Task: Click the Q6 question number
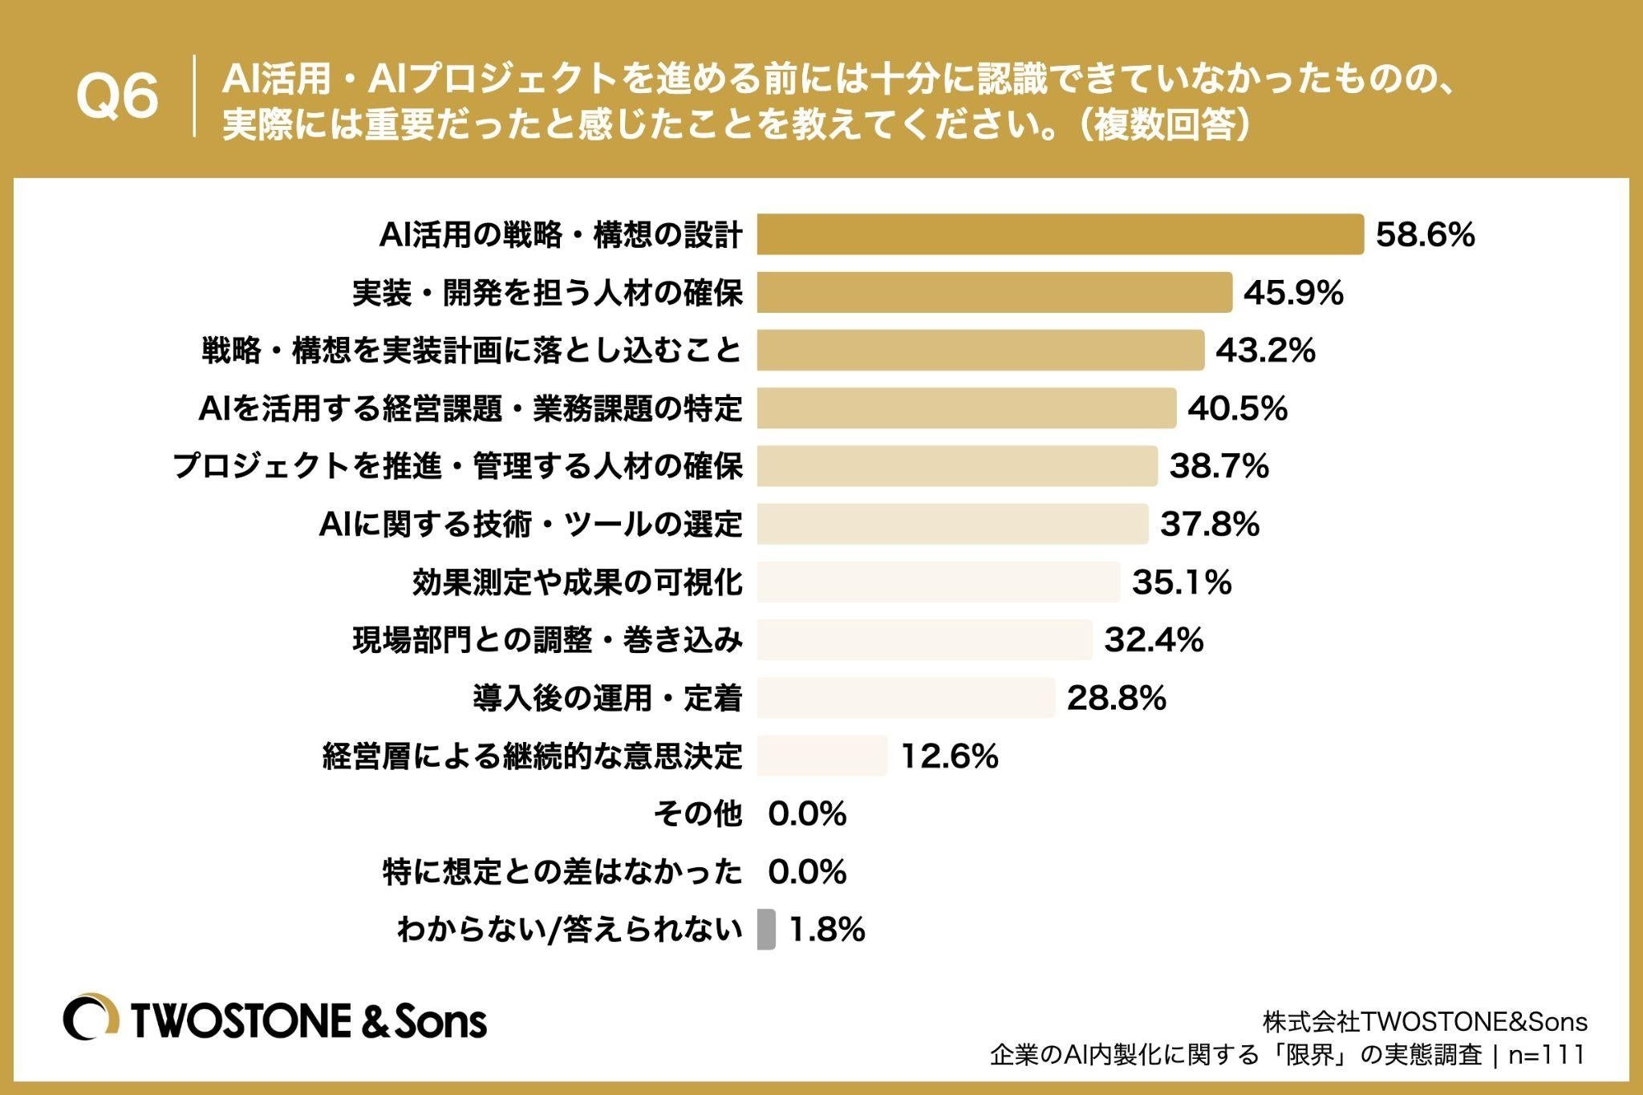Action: [117, 98]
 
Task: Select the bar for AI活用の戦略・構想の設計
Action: [1061, 234]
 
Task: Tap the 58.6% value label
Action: [1426, 235]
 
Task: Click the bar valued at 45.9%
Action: [995, 292]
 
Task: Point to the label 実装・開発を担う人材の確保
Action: [548, 293]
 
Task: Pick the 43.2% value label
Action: [1265, 351]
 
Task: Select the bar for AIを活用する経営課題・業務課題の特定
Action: [967, 408]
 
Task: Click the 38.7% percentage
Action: [1219, 466]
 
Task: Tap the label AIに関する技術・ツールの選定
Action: [531, 525]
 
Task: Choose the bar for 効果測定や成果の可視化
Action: [939, 582]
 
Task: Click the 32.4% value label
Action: [1154, 640]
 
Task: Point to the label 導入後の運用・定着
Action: [608, 698]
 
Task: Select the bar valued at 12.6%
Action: [822, 756]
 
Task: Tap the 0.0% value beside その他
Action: [807, 814]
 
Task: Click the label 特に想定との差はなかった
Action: [562, 872]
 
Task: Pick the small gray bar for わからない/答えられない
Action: [766, 930]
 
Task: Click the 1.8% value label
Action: [827, 930]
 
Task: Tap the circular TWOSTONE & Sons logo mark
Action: [91, 1020]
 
